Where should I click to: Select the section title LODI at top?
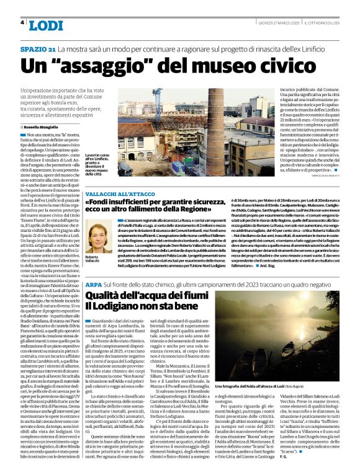(47, 25)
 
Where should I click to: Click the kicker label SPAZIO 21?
(38, 48)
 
